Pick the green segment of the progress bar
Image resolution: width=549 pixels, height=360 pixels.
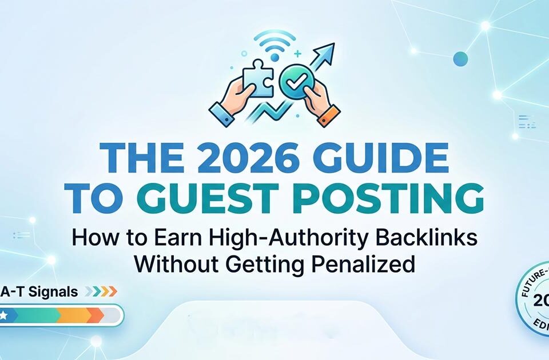point(34,315)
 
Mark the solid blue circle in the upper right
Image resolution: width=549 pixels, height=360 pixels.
point(460,58)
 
